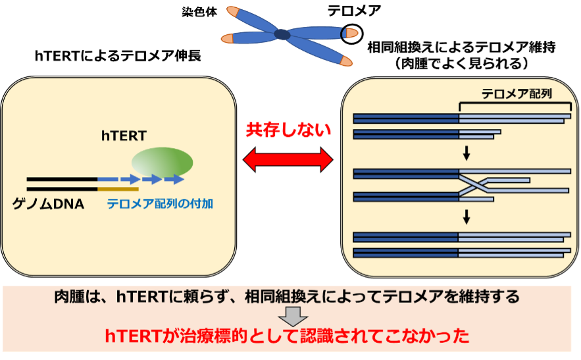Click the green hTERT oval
pos(163,163)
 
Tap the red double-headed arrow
pos(288,160)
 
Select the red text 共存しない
pos(288,130)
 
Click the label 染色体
pos(199,13)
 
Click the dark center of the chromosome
pos(282,34)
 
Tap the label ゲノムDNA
pos(48,204)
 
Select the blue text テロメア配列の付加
pos(160,203)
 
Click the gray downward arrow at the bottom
pos(293,317)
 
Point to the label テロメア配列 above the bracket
pos(517,93)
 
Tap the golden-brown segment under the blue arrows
pos(118,189)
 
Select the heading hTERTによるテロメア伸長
pos(118,56)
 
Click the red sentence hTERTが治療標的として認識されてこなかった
pos(287,336)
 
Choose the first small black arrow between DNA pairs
pos(467,153)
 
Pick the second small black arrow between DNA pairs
pos(467,217)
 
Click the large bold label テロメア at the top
pos(354,11)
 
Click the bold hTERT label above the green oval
pos(124,136)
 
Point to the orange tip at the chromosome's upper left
pos(233,11)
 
